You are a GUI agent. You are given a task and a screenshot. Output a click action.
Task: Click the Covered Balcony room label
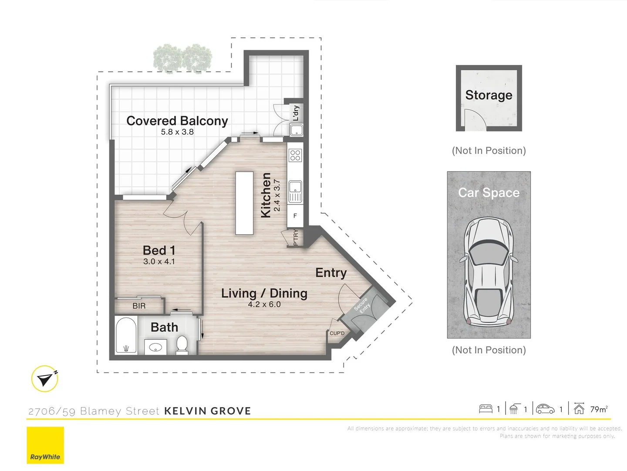click(177, 121)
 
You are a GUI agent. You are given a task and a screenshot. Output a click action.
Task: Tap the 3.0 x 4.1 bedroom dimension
click(159, 262)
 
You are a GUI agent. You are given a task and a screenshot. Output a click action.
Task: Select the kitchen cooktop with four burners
click(295, 155)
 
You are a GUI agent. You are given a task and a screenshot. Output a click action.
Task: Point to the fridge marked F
click(295, 216)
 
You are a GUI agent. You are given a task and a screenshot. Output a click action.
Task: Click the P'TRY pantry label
click(296, 238)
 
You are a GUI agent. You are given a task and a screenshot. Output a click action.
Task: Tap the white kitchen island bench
click(244, 203)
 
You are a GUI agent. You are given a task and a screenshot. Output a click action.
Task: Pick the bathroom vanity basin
click(155, 348)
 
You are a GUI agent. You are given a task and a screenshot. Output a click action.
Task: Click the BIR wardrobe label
click(139, 306)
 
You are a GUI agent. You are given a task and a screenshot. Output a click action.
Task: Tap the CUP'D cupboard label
click(337, 334)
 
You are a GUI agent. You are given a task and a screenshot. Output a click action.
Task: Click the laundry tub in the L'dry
click(297, 130)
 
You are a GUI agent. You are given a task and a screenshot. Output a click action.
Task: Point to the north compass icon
click(45, 379)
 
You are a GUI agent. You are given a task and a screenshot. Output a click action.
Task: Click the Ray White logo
click(45, 445)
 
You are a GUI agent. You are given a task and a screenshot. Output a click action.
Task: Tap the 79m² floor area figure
click(599, 409)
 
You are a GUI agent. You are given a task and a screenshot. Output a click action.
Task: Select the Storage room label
click(489, 95)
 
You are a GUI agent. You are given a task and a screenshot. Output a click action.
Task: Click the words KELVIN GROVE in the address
click(207, 411)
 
